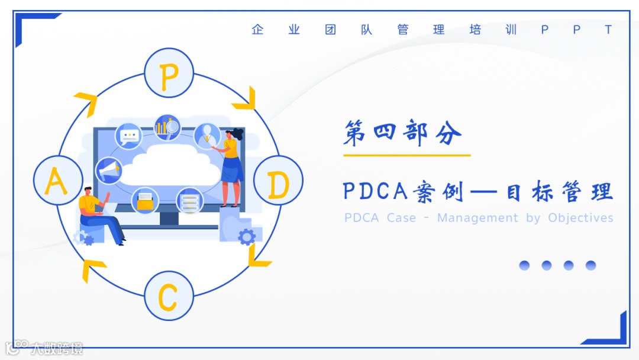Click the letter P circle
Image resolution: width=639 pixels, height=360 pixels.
[x=169, y=73]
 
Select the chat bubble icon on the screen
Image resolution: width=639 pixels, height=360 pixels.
[x=128, y=136]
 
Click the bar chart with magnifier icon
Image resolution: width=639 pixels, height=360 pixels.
[x=167, y=127]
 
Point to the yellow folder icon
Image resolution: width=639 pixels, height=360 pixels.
[x=144, y=201]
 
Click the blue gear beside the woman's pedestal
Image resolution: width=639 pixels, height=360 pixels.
[x=246, y=237]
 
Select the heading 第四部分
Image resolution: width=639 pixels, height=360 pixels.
[x=402, y=134]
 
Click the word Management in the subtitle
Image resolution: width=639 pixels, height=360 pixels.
[x=477, y=218]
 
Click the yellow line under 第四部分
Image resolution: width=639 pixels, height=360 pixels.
[x=406, y=155]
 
